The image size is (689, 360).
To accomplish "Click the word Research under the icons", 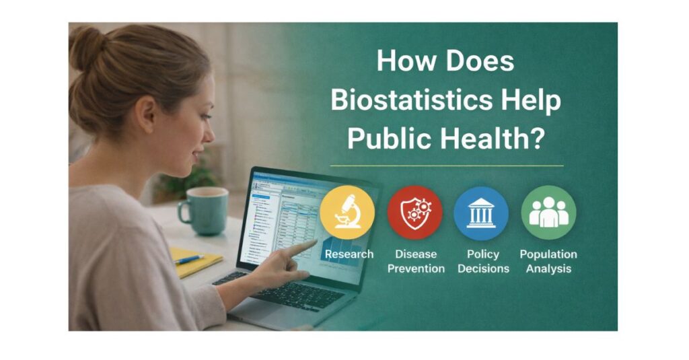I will pyautogui.click(x=349, y=254).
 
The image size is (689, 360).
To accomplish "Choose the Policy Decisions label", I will pyautogui.click(x=482, y=262).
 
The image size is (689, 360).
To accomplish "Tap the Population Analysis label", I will pyautogui.click(x=548, y=262).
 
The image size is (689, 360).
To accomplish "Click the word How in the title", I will pyautogui.click(x=402, y=62).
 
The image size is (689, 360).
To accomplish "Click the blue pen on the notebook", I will pyautogui.click(x=190, y=259).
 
